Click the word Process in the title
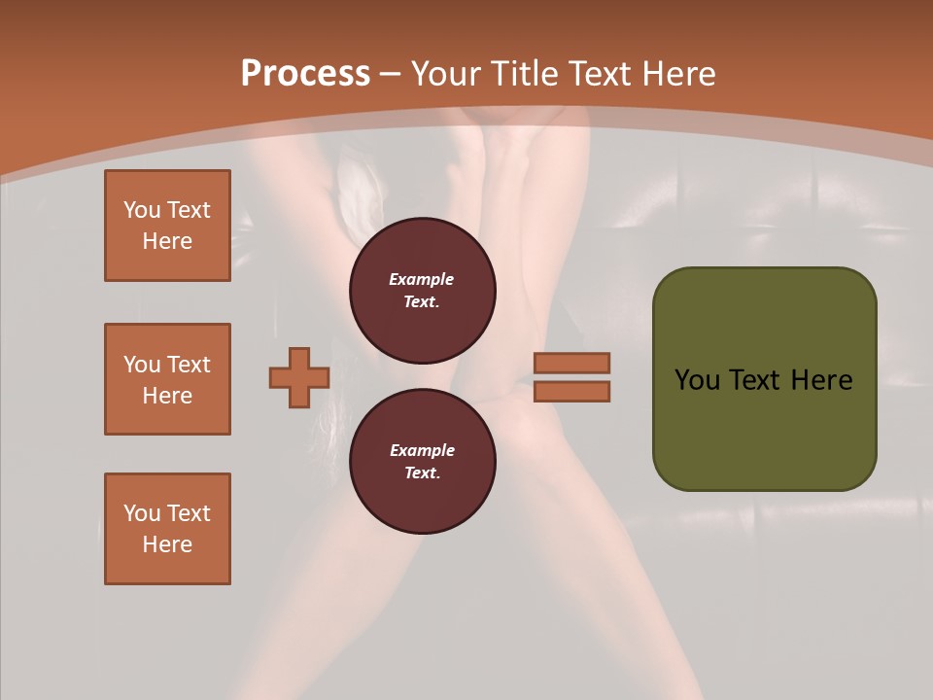tap(305, 74)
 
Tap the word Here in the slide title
tap(677, 74)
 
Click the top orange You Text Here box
tap(167, 226)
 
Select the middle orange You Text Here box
tap(167, 379)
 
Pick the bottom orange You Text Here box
tap(167, 529)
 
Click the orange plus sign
tap(299, 377)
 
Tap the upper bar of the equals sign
tap(571, 363)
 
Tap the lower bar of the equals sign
tap(571, 392)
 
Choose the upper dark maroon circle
tap(423, 291)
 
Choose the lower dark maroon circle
tap(423, 462)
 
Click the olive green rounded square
tap(764, 379)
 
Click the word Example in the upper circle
tap(422, 279)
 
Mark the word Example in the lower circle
tap(422, 450)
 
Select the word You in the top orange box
tap(142, 210)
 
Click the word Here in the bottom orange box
tap(167, 544)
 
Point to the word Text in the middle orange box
tap(189, 365)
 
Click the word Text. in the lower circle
tap(422, 473)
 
